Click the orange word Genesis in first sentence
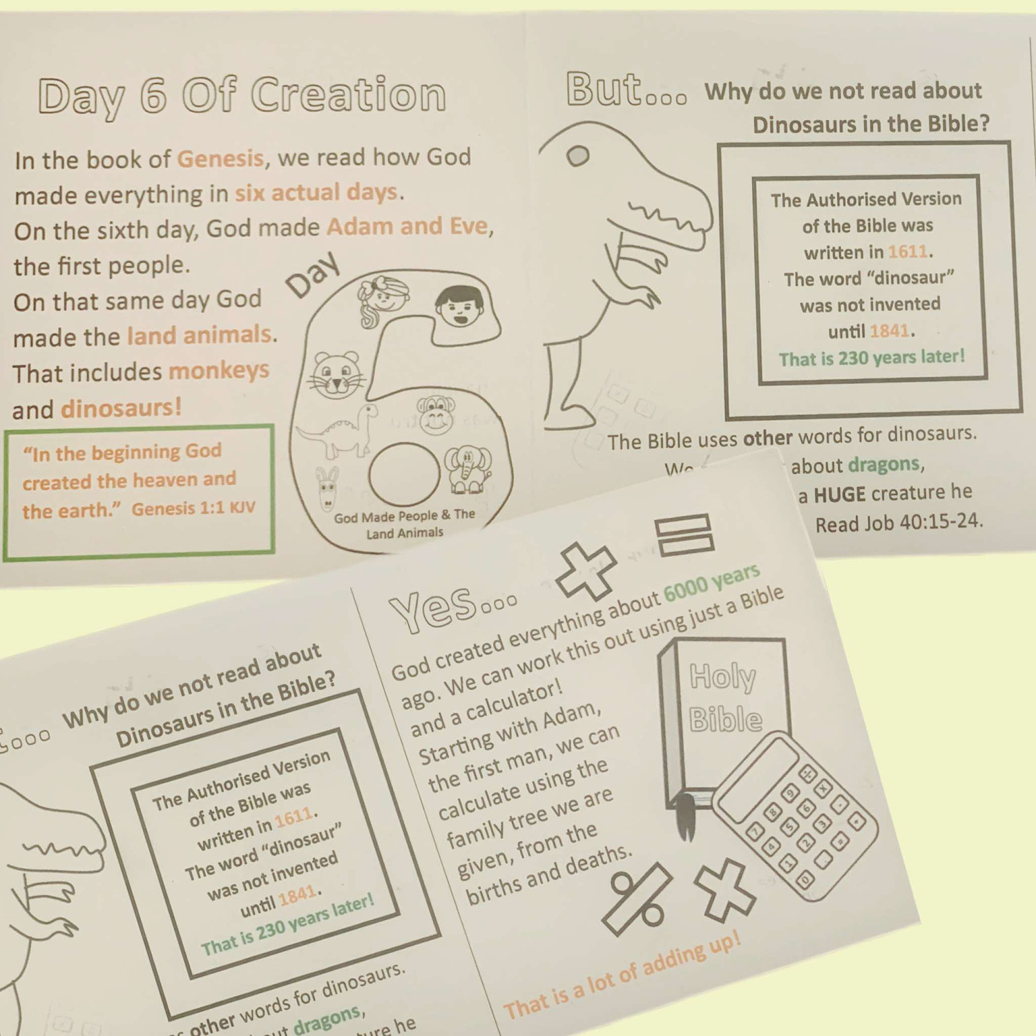pos(220,159)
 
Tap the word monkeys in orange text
pos(219,371)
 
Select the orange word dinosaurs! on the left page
pos(122,408)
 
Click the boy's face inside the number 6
pos(459,306)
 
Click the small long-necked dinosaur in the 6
pos(342,432)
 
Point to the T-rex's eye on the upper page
pos(578,157)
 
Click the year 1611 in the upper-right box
pos(908,251)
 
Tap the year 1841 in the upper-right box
pos(890,332)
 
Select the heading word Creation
pos(348,95)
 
